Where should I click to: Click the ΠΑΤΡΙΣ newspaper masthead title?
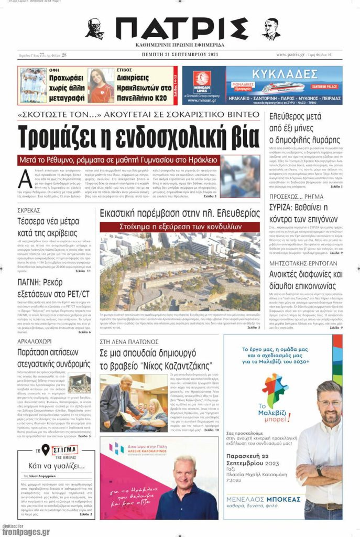(x=181, y=29)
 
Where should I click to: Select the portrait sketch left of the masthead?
(x=95, y=29)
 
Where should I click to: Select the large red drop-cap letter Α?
(x=25, y=179)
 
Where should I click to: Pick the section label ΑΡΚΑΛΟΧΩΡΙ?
(x=36, y=342)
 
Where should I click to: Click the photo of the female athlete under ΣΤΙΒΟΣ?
(x=100, y=85)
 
